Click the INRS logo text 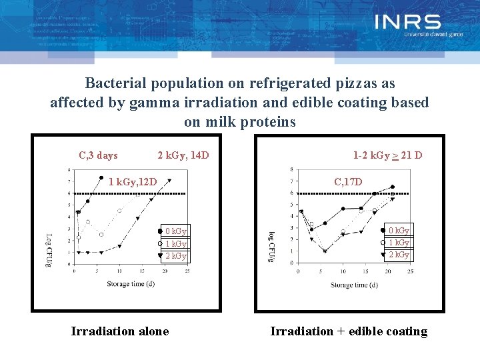(x=407, y=23)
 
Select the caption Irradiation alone (x=120, y=331)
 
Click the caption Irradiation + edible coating (x=348, y=331)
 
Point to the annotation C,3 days (x=98, y=155)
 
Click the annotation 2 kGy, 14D (x=183, y=155)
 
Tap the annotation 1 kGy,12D (x=132, y=181)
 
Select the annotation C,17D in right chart (x=348, y=181)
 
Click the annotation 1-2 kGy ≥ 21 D (x=387, y=155)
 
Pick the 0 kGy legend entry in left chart (x=175, y=231)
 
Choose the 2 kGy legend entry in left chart (x=175, y=255)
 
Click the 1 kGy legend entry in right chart (x=399, y=243)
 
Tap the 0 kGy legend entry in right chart (x=399, y=230)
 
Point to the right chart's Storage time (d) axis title (x=354, y=285)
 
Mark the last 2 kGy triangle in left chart (x=170, y=179)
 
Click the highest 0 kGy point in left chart (x=101, y=178)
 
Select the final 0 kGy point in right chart (x=393, y=187)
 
